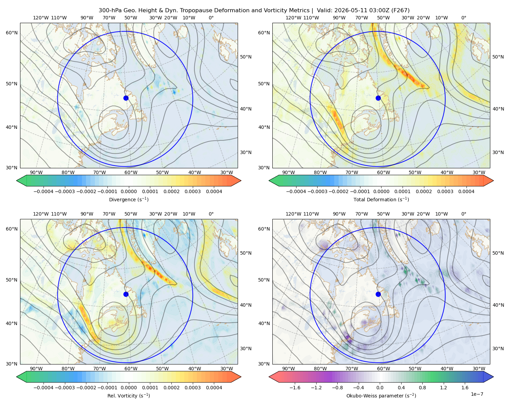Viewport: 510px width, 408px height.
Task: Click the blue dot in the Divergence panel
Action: tap(126, 98)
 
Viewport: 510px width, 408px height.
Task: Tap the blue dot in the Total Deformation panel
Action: tap(378, 98)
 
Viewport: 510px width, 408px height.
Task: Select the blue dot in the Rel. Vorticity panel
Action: tap(126, 294)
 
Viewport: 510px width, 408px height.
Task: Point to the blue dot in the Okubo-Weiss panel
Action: tap(378, 294)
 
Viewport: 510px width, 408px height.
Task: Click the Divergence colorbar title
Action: tap(129, 200)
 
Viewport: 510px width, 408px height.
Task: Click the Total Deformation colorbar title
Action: tap(381, 200)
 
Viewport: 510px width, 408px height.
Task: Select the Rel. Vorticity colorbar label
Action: tap(129, 396)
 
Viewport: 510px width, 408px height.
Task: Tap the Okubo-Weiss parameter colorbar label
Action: tap(381, 396)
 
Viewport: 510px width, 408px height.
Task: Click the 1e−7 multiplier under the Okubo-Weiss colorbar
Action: tap(477, 394)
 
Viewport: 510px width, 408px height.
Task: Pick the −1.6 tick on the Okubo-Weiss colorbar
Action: tap(295, 388)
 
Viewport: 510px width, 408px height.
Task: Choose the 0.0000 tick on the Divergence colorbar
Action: tap(129, 191)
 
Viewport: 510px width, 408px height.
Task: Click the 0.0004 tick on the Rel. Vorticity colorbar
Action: tap(214, 388)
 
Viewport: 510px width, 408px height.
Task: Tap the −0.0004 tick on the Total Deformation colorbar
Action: tap(296, 191)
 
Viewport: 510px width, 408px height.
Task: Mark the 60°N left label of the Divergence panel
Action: tap(12, 33)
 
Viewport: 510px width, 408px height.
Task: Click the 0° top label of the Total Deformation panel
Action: tap(463, 18)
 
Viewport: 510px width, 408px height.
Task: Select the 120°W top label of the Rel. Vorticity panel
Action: tap(41, 214)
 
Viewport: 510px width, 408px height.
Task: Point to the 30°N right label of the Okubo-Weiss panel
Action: tap(498, 348)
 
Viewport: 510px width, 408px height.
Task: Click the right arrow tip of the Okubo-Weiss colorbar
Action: tap(493, 377)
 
